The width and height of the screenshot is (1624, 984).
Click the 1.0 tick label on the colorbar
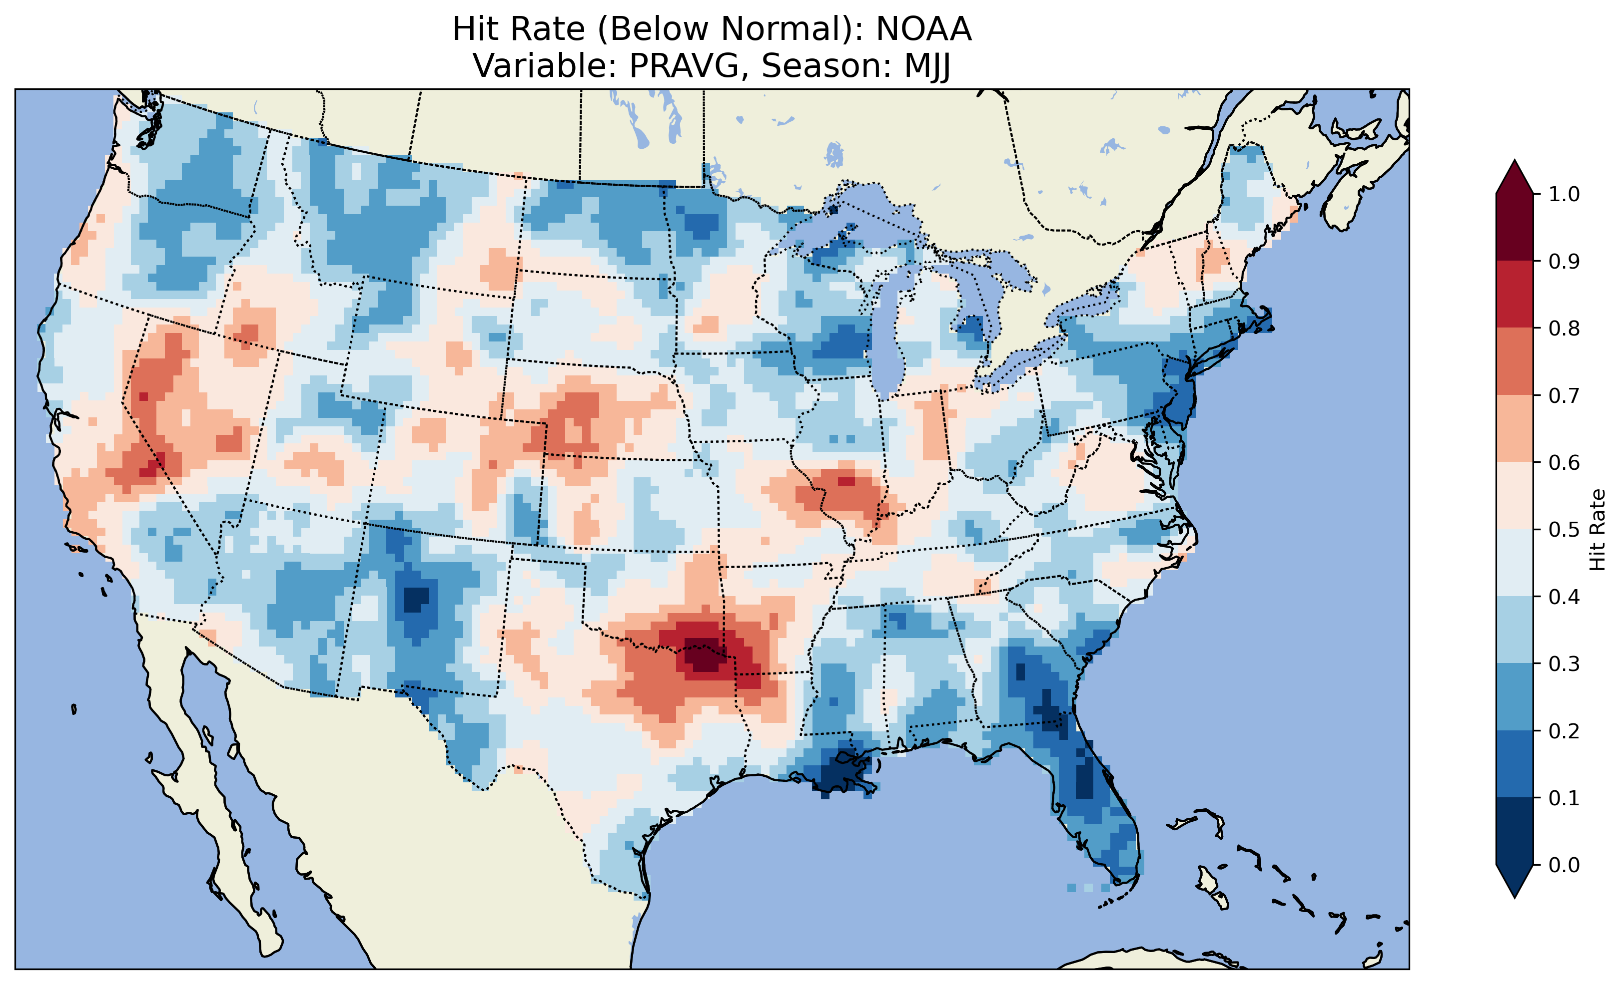coord(1564,194)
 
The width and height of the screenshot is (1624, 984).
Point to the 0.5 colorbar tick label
coord(1564,530)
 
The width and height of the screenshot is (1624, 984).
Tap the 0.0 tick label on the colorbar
coord(1564,865)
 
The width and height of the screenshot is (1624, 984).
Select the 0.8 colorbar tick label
coord(1564,328)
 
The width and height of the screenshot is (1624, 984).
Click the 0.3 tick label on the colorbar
coord(1564,664)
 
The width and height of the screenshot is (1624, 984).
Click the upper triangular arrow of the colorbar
coord(1515,177)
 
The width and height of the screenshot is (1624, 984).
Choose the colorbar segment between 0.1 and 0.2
coord(1515,764)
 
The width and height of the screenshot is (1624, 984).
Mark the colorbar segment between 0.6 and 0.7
coord(1515,428)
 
